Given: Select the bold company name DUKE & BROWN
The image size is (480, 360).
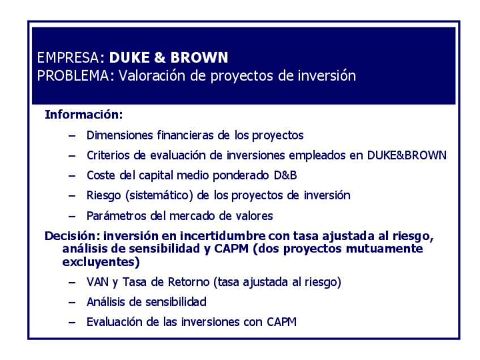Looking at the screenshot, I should coord(169,58).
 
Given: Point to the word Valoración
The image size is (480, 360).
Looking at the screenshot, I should coord(151,76).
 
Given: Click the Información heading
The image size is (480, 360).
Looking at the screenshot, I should coord(84,115).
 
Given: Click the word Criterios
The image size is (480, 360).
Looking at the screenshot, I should coord(107,155).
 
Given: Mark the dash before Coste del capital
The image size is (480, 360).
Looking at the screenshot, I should coord(72,175).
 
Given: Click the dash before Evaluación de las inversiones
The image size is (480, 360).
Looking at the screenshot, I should coord(72,322).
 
